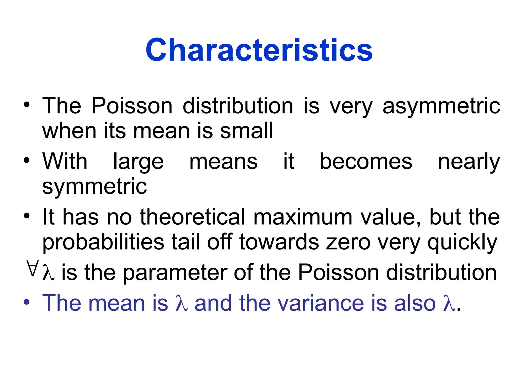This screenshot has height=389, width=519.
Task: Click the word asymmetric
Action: pyautogui.click(x=441, y=106)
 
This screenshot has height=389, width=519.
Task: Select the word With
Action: pyautogui.click(x=65, y=161)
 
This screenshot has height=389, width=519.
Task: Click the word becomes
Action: pyautogui.click(x=366, y=161)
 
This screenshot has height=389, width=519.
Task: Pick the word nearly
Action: pyautogui.click(x=469, y=162)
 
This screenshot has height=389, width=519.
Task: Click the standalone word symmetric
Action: pyautogui.click(x=95, y=187)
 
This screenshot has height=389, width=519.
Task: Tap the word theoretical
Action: pyautogui.click(x=192, y=217)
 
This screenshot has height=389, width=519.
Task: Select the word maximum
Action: pyautogui.click(x=303, y=217)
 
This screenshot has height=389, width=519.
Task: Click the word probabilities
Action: pyautogui.click(x=103, y=242)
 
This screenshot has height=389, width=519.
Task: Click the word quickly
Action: pyautogui.click(x=462, y=243)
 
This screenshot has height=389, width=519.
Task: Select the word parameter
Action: pyautogui.click(x=175, y=273)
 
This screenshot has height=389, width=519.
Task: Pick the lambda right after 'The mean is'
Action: pyautogui.click(x=181, y=303)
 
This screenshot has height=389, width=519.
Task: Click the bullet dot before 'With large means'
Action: pyautogui.click(x=27, y=160)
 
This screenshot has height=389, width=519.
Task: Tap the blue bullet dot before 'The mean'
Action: pyautogui.click(x=27, y=302)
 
